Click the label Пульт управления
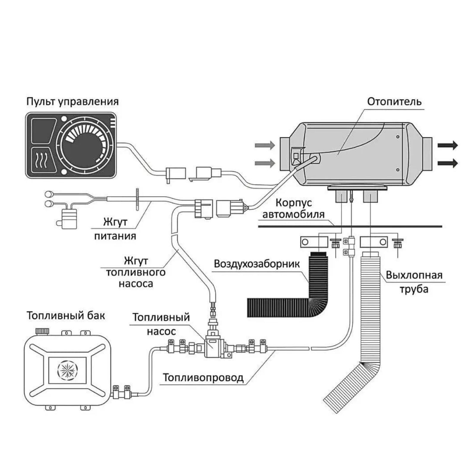pos(73,102)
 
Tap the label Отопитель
pos(394,102)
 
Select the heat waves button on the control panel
pos(43,160)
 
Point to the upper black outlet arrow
pos(448,145)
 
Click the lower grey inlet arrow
pos(265,163)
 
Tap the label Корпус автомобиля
pos(293,208)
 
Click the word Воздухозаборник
pos(257,264)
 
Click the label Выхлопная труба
pos(414,282)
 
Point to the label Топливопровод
pos(203,378)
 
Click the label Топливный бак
pos(66,316)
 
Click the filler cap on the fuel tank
pos(42,331)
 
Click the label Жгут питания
pos(115,229)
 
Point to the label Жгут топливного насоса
pos(136,272)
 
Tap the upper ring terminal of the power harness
pos(49,195)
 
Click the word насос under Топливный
pos(161,331)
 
